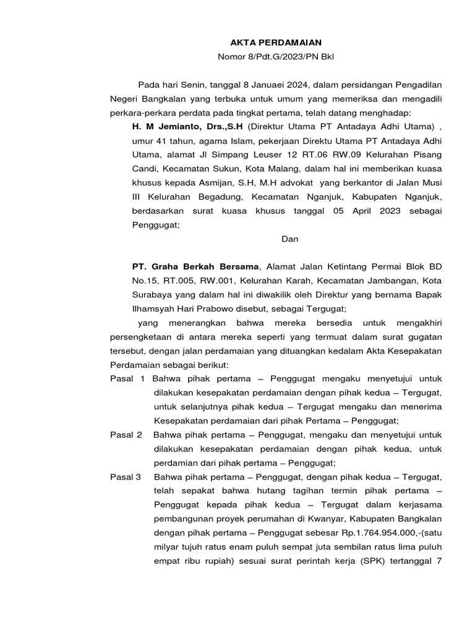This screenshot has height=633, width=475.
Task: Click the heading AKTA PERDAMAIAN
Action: [x=267, y=43]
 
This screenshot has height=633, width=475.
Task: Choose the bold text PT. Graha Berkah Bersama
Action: [x=196, y=266]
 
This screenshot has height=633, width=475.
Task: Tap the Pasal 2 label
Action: [x=126, y=435]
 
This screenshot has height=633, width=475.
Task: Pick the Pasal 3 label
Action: [x=126, y=477]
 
